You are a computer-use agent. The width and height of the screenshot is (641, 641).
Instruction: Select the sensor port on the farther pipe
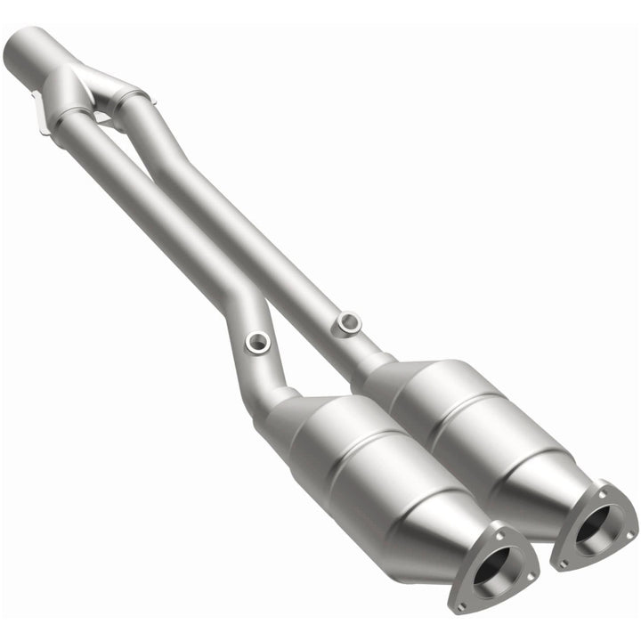pyautogui.click(x=348, y=321)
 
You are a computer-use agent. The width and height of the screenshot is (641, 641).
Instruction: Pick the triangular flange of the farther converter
pyautogui.click(x=594, y=524)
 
